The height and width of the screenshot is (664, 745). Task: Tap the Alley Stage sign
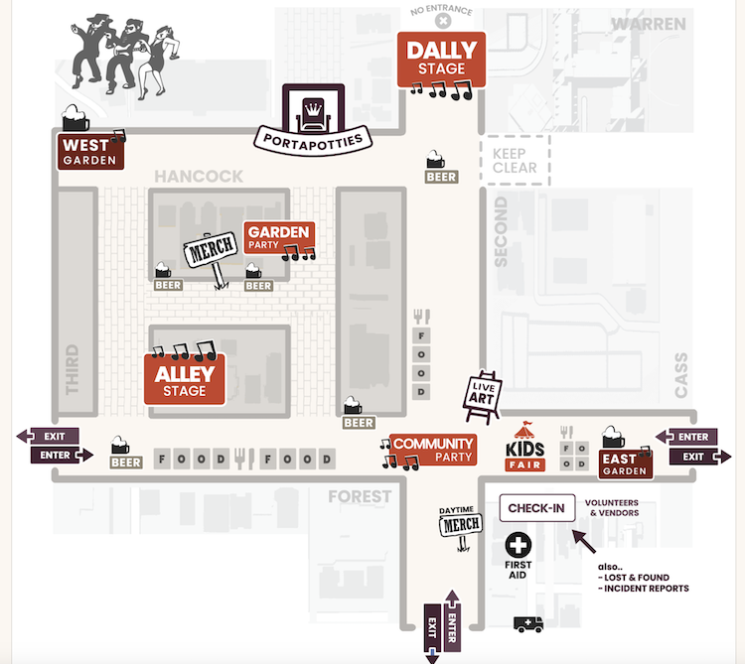tap(185, 378)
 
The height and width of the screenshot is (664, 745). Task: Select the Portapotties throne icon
tap(313, 106)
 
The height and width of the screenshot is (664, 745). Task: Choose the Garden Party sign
tap(279, 237)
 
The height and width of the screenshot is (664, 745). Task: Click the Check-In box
tap(536, 508)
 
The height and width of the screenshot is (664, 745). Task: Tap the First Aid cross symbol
tap(519, 545)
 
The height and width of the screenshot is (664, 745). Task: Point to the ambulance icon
tap(528, 624)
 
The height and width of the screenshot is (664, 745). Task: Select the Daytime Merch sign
tap(460, 522)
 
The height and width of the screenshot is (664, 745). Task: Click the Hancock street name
tap(199, 177)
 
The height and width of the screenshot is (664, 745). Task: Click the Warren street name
tap(648, 23)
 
